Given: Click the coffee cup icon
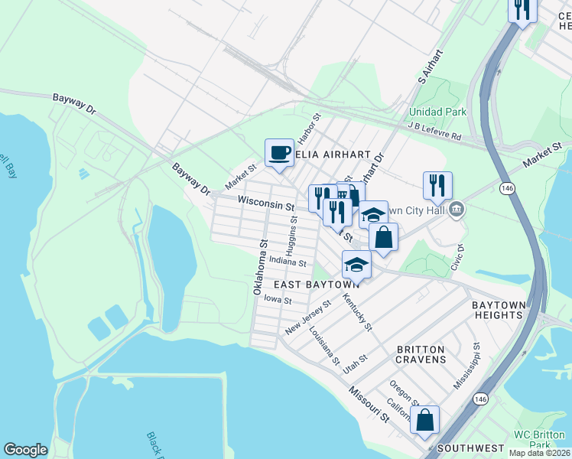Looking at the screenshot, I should (279, 152).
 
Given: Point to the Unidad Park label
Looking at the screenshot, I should (437, 112).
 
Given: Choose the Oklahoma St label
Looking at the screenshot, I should (258, 267).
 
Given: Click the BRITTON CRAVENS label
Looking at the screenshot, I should (421, 353).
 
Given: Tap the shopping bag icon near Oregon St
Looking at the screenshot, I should (424, 419).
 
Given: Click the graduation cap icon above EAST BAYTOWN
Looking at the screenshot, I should (356, 265).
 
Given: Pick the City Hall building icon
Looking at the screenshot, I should (457, 208).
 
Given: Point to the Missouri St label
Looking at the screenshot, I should (369, 404).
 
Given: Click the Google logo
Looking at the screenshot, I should (25, 450).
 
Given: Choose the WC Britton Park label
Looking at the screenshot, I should (542, 439).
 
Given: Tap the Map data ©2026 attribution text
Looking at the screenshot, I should (540, 453).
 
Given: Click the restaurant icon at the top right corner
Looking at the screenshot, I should (523, 10).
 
